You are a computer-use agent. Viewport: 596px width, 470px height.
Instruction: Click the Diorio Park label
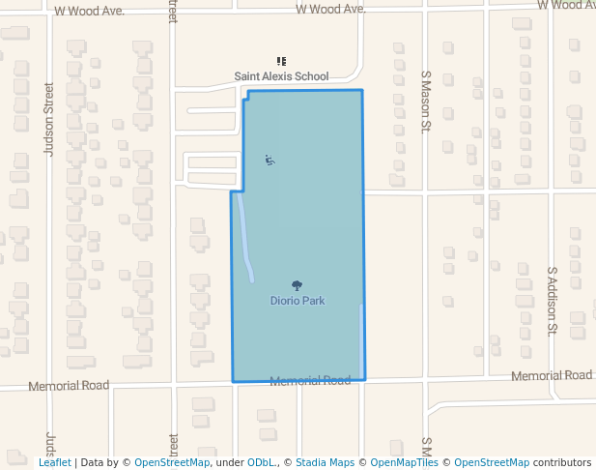pos(297,301)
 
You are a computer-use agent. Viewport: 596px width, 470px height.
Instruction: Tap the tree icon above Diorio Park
pos(297,285)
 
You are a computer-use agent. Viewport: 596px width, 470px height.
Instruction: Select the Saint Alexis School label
pos(281,76)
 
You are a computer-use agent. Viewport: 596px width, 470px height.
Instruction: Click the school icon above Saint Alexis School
pos(281,62)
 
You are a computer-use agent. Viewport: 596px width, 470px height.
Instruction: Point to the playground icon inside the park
pos(270,160)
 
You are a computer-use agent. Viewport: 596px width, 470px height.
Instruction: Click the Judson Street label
pos(49,118)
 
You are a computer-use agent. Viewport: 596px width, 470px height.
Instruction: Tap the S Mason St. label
pos(425,100)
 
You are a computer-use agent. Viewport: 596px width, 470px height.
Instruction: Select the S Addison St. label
pos(553,301)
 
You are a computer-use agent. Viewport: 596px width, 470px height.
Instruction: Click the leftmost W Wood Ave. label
pos(90,12)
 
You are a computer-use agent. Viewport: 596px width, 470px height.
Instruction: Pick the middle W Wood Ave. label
pos(330,9)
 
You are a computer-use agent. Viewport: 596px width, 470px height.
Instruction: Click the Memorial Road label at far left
pos(69,385)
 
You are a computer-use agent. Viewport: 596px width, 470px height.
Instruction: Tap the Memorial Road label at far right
pos(552,375)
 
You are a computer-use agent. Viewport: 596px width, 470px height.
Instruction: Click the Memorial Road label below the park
pos(310,381)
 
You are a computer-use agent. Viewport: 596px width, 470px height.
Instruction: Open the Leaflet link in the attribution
pos(54,462)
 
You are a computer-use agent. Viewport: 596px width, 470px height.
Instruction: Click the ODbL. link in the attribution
pos(262,462)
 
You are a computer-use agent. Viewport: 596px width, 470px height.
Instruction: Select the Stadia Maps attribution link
pos(325,462)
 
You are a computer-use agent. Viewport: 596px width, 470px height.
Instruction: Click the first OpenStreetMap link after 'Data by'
pos(171,462)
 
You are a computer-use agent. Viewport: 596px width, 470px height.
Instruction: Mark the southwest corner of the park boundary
pos(233,382)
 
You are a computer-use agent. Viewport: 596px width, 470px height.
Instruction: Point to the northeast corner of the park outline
pos(362,90)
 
